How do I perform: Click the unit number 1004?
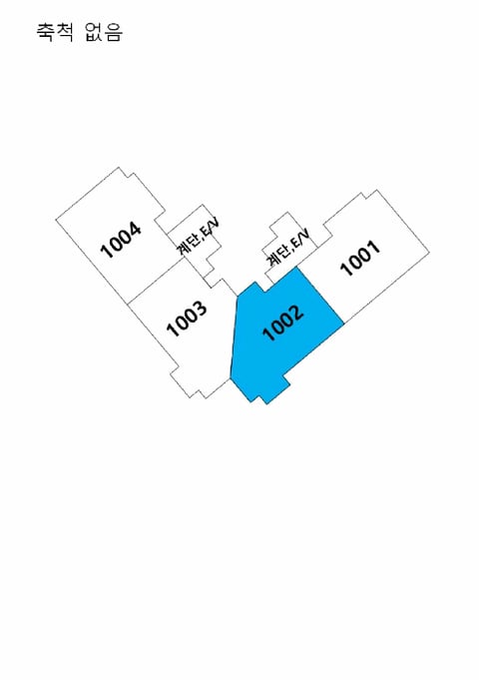coord(121,240)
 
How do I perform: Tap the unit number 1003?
coord(187,319)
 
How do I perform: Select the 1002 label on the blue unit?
coord(283,323)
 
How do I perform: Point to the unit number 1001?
coord(360,258)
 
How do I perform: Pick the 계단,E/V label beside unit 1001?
coord(287,248)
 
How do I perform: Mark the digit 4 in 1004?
coord(136,229)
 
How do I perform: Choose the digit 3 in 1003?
coord(201,308)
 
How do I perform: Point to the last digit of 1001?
coord(375,247)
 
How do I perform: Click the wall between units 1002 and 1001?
coord(320,296)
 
